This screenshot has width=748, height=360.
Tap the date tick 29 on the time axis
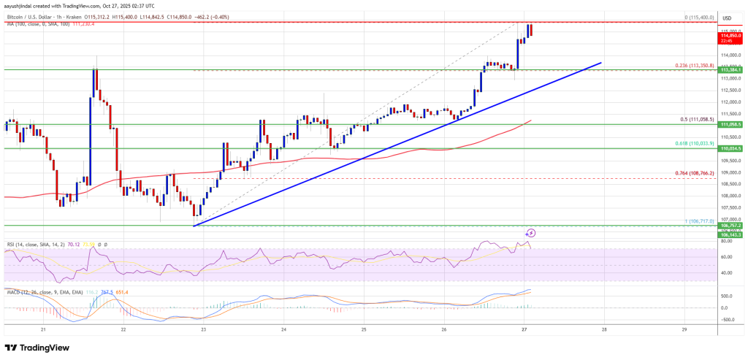click(684, 330)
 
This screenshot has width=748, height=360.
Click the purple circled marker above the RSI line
click(531, 232)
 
